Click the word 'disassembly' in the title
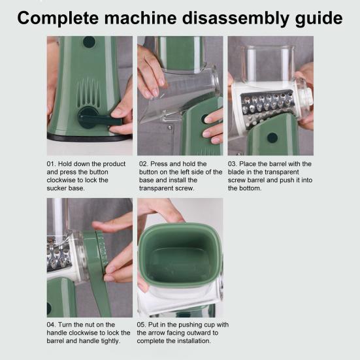pyautogui.click(x=236, y=18)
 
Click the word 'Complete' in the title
pyautogui.click(x=58, y=18)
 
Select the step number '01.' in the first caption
pyautogui.click(x=51, y=164)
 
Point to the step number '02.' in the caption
pyautogui.click(x=144, y=164)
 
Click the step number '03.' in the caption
pyautogui.click(x=233, y=164)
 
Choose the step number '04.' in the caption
pyautogui.click(x=51, y=325)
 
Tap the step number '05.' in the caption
pyautogui.click(x=141, y=325)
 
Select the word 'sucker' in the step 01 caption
pyautogui.click(x=56, y=188)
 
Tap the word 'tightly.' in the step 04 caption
pyautogui.click(x=110, y=341)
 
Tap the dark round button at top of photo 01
pyautogui.click(x=89, y=42)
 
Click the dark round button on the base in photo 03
pyautogui.click(x=272, y=137)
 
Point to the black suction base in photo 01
pyautogui.click(x=90, y=138)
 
